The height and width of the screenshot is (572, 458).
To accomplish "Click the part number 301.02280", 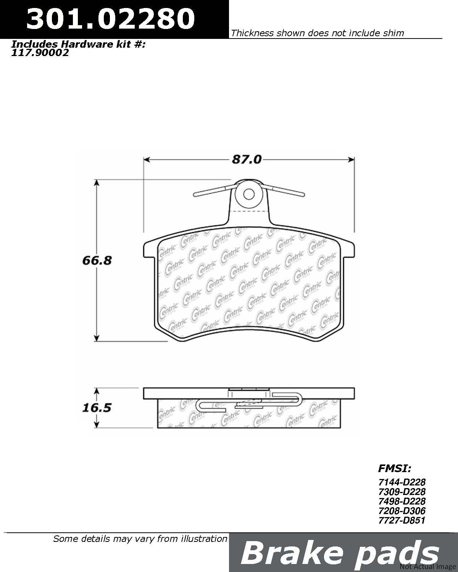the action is coord(110,18).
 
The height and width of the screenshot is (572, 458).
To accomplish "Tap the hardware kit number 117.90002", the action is coord(40,53).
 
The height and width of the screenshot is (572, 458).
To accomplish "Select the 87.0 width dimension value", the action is coord(247,159).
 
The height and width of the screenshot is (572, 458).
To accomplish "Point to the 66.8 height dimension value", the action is coord(97,260).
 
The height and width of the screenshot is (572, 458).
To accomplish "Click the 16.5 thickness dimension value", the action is coord(97,408).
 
